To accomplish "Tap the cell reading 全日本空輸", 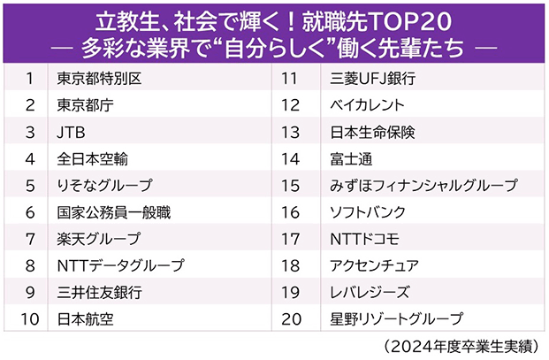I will point(92,159).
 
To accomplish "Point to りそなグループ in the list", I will point(104,186).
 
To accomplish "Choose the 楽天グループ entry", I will point(98,239).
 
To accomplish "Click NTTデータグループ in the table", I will point(120,265).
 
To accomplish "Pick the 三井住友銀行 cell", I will point(98,292).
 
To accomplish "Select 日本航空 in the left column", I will point(85,318).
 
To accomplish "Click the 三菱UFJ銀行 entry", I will point(372,79).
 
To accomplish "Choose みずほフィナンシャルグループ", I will point(423,186).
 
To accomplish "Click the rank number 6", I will point(29,212).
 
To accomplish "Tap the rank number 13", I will point(292,133).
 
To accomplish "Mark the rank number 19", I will point(292,292).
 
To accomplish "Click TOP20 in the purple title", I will point(413,19).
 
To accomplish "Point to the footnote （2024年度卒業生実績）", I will point(461,345).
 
